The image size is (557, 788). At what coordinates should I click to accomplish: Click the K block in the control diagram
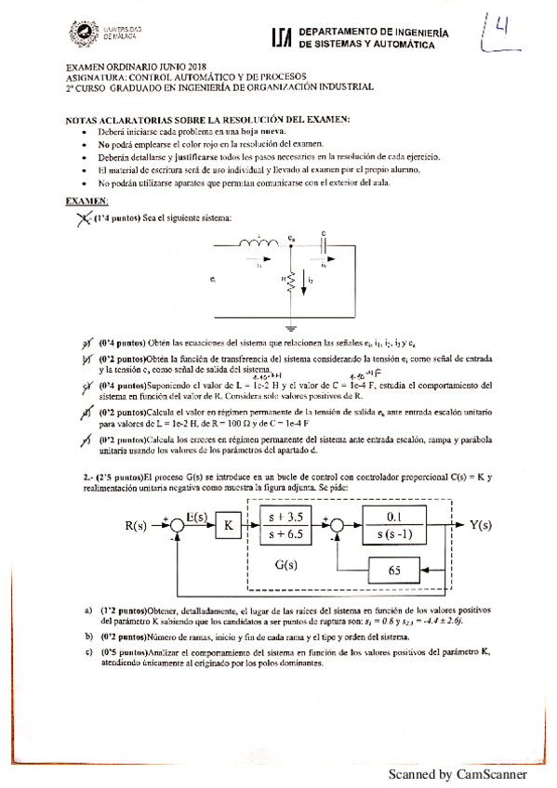click(x=229, y=526)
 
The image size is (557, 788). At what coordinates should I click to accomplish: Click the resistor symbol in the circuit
click(x=291, y=279)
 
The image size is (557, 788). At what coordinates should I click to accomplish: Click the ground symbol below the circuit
click(x=291, y=327)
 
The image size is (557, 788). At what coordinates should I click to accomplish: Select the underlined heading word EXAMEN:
click(x=86, y=202)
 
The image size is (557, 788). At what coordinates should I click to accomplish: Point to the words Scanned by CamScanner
click(x=458, y=773)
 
